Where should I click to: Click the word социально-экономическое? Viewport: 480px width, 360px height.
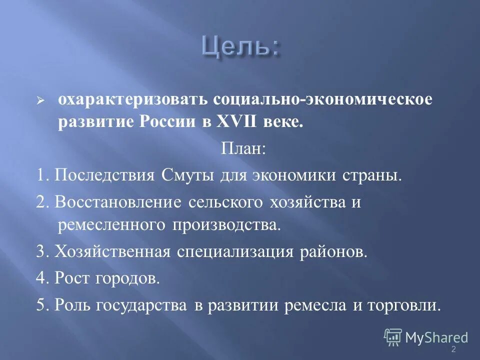click(x=320, y=99)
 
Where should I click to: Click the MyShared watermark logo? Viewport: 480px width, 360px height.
click(x=425, y=337)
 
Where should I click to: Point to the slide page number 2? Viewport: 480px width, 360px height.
click(x=453, y=349)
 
